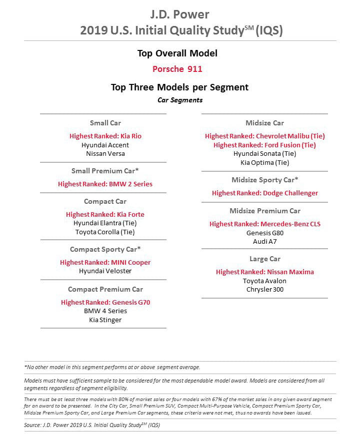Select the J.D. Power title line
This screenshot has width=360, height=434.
pyautogui.click(x=180, y=14)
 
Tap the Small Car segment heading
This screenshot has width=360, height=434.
pyautogui.click(x=105, y=123)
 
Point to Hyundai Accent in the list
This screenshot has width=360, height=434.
pyautogui.click(x=105, y=145)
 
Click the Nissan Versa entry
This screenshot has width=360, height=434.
pyautogui.click(x=105, y=154)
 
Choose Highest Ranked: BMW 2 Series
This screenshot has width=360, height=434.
pyautogui.click(x=105, y=184)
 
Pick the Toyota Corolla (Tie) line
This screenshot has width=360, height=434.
pyautogui.click(x=105, y=232)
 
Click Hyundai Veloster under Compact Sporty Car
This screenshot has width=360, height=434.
pyautogui.click(x=105, y=271)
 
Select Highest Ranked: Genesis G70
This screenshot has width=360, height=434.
pyautogui.click(x=105, y=302)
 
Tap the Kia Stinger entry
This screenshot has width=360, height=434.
pyautogui.click(x=105, y=320)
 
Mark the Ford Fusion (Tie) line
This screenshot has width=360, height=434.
pyautogui.click(x=264, y=145)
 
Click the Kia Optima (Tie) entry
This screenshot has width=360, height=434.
pyautogui.click(x=264, y=163)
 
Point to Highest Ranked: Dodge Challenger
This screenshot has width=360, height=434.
pyautogui.click(x=264, y=193)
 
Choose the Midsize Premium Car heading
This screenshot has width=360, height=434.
pyautogui.click(x=264, y=211)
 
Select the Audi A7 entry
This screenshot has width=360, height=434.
pyautogui.click(x=264, y=242)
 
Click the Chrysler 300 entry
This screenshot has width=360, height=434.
pyautogui.click(x=264, y=290)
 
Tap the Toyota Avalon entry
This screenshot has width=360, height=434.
pyautogui.click(x=264, y=281)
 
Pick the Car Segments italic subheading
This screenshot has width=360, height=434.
pyautogui.click(x=180, y=100)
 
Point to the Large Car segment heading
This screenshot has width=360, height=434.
pyautogui.click(x=264, y=259)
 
